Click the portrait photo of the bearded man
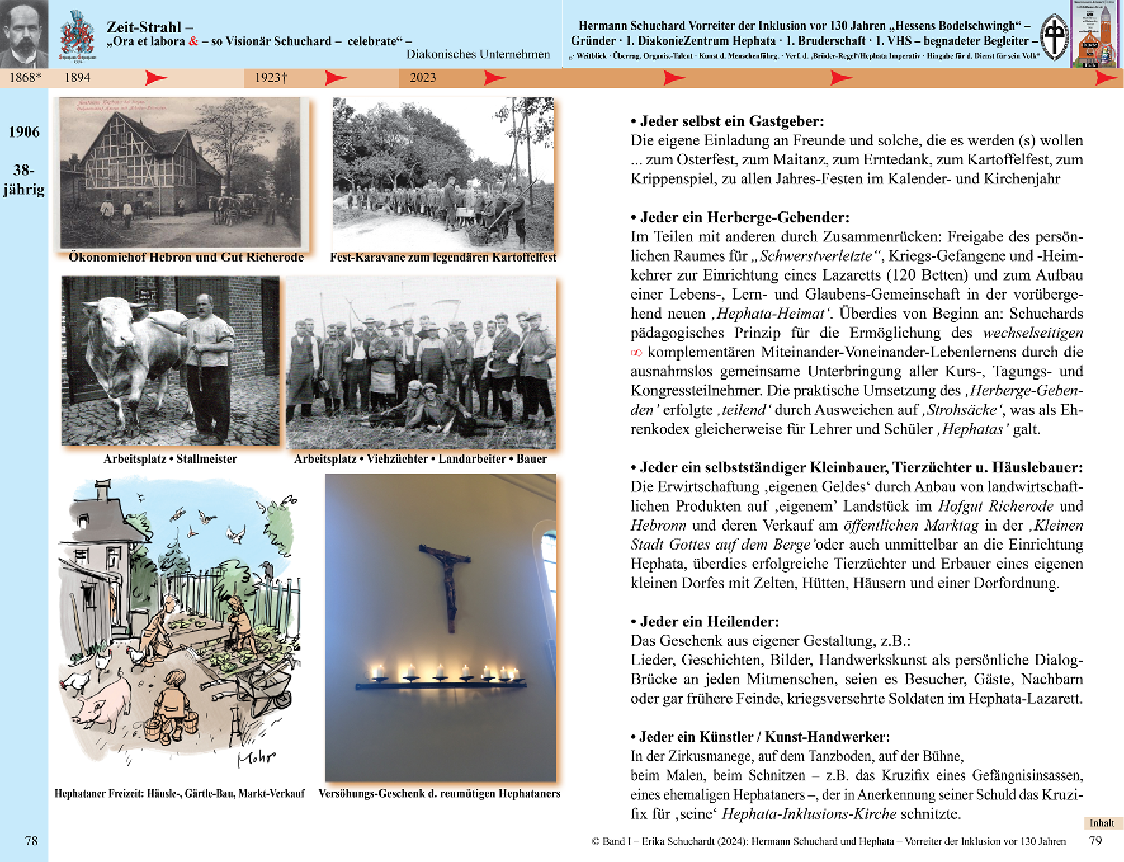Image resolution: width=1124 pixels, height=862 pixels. click(23, 33)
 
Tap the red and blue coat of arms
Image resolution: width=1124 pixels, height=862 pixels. click(77, 36)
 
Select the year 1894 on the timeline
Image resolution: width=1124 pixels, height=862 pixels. click(77, 77)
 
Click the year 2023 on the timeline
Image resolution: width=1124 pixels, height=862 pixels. click(422, 77)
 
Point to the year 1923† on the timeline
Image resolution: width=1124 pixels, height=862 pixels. click(271, 77)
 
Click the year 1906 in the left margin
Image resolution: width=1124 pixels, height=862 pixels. click(24, 132)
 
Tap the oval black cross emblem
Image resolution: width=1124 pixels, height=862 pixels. click(1055, 37)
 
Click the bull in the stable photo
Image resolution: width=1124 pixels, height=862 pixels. click(130, 346)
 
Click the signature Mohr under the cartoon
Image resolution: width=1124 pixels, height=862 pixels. click(256, 758)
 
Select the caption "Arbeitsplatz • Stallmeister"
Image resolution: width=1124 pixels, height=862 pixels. click(170, 459)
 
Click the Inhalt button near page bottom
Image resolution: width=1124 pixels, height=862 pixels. click(1102, 823)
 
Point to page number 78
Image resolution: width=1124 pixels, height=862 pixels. click(32, 841)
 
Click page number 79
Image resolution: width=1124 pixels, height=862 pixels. click(1095, 841)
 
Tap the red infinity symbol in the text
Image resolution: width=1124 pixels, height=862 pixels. click(636, 353)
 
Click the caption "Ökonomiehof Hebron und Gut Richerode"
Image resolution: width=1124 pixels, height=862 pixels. click(186, 257)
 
